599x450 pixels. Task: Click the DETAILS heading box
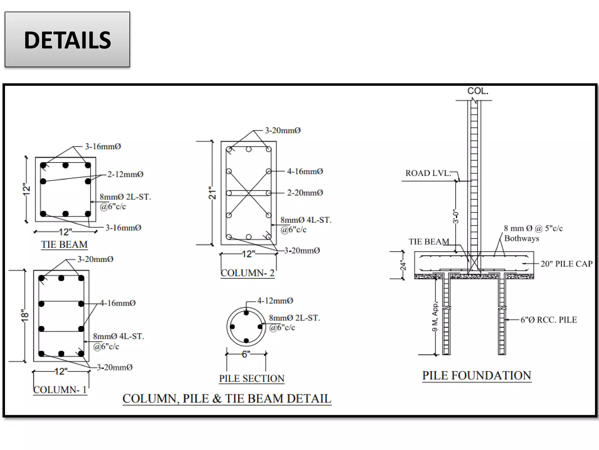point(67,40)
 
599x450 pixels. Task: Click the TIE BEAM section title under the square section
point(64,244)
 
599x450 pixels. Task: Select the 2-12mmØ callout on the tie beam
point(125,174)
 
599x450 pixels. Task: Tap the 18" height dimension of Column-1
point(25,316)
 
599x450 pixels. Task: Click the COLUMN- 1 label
point(60,390)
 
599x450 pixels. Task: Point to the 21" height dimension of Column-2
point(212,193)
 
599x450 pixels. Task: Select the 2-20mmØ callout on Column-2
point(305,193)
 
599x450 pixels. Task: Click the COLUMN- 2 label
point(247,273)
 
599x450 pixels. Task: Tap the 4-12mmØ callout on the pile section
point(275,301)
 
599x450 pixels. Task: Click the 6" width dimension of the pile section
point(246,354)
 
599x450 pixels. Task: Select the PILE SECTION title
point(252,378)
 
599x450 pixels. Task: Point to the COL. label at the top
point(478,91)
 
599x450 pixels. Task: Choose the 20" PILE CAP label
point(566,264)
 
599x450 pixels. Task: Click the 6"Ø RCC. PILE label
point(548,320)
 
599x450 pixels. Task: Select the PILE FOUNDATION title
point(476,375)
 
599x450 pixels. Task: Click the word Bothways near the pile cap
point(521,238)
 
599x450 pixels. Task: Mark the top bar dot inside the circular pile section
point(246,313)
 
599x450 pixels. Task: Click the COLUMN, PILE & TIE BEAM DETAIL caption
point(227,398)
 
